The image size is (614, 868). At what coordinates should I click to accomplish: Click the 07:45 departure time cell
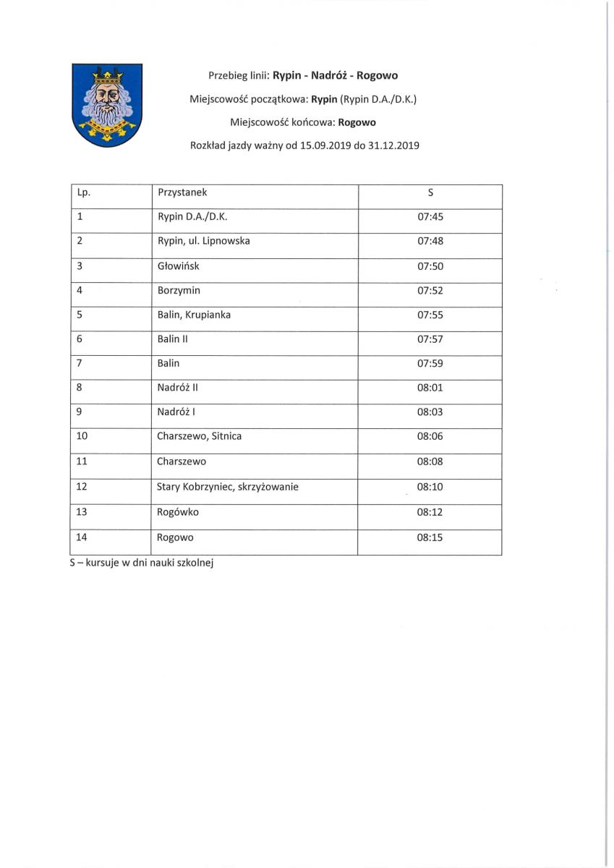tap(430, 216)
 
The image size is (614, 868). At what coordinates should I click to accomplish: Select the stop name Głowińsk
tap(178, 266)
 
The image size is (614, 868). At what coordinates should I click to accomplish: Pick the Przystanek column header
tap(182, 192)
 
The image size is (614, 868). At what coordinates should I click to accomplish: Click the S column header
tap(430, 192)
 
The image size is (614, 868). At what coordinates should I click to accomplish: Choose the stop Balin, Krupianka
tap(194, 315)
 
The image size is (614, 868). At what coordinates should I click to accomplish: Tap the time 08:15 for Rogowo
tap(430, 537)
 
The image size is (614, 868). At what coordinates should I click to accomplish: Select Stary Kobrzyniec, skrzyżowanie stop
tap(228, 487)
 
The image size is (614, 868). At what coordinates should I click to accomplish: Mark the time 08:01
tap(430, 388)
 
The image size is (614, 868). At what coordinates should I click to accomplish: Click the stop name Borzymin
tap(179, 291)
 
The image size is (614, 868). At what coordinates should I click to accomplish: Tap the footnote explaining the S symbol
tap(142, 562)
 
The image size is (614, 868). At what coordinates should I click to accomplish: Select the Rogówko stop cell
tap(178, 512)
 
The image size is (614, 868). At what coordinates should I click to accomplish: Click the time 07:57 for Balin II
tap(430, 339)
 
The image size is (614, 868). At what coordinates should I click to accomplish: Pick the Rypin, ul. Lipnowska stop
tap(203, 241)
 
